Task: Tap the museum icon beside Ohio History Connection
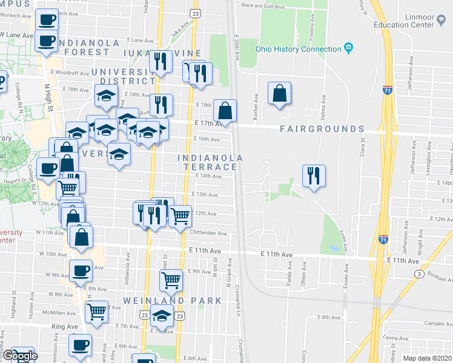click(x=348, y=48)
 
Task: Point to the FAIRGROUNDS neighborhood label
click(x=322, y=129)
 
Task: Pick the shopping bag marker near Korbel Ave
click(x=279, y=94)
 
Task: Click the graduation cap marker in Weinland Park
click(x=162, y=316)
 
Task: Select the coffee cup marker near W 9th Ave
click(x=81, y=271)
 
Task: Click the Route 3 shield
click(x=418, y=274)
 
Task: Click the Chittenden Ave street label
click(x=208, y=234)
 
